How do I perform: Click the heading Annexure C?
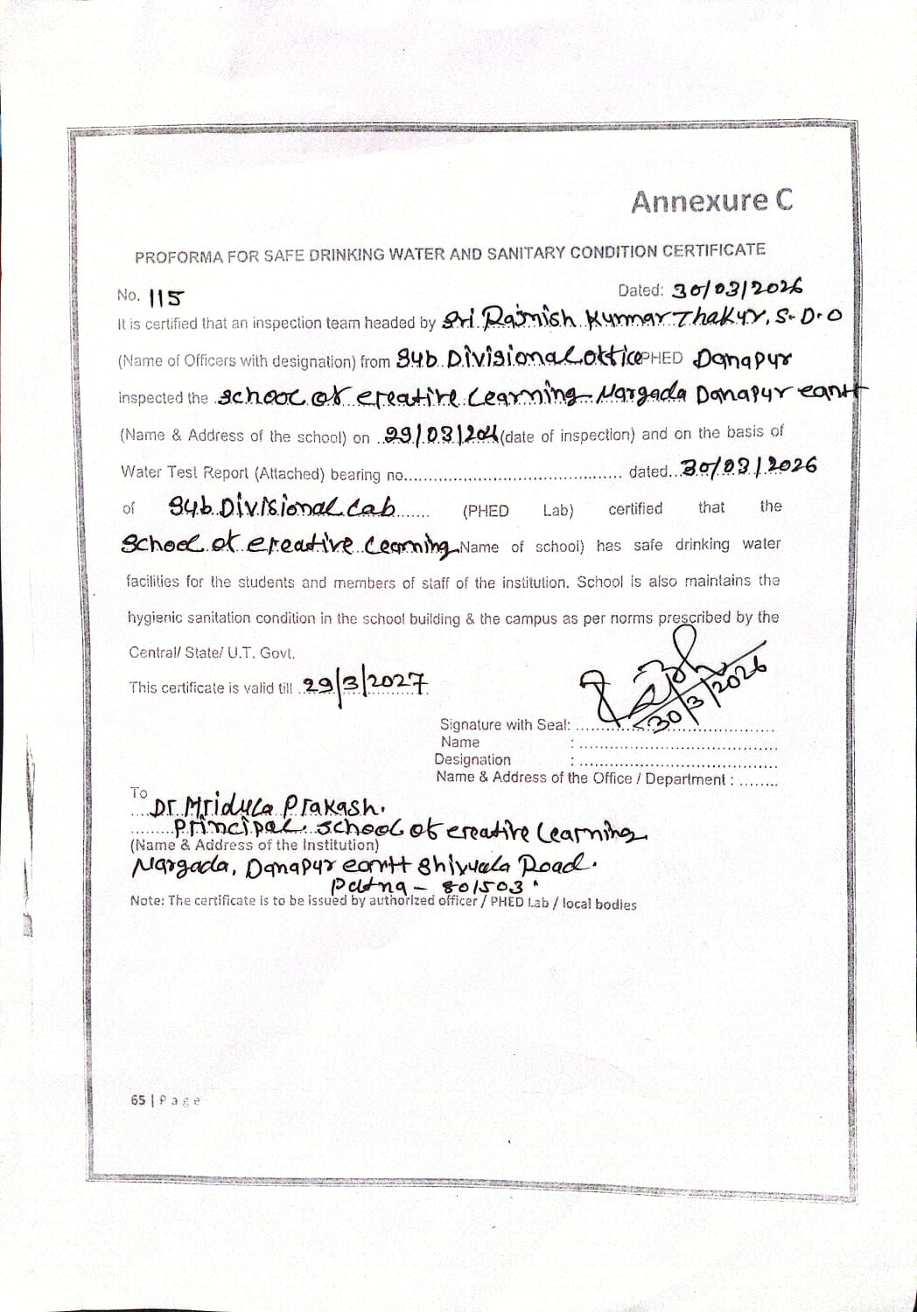tap(711, 202)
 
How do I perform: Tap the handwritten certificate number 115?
tap(166, 298)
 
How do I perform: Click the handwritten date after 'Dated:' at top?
tap(736, 289)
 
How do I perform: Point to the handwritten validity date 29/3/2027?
tap(365, 684)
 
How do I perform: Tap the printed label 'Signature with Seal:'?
tap(505, 724)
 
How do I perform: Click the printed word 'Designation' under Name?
tap(472, 759)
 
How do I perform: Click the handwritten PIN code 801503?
tap(485, 889)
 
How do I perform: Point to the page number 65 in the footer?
tap(138, 1099)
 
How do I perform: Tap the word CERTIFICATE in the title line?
tap(712, 250)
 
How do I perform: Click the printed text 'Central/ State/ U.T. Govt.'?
tap(212, 653)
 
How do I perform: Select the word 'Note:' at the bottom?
tap(147, 900)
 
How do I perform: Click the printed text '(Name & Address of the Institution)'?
tap(255, 845)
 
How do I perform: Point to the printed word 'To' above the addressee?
tap(139, 792)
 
